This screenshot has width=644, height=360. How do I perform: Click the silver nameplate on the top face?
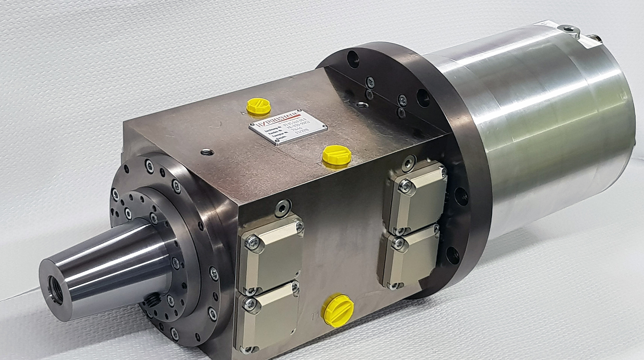288,127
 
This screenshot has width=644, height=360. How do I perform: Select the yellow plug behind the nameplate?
259,106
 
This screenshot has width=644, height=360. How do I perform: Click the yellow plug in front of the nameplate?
336,155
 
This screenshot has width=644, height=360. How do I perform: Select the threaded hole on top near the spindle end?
207,152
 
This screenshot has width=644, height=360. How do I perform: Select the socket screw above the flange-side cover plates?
408,163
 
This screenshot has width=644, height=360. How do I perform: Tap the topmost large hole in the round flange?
353,58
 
